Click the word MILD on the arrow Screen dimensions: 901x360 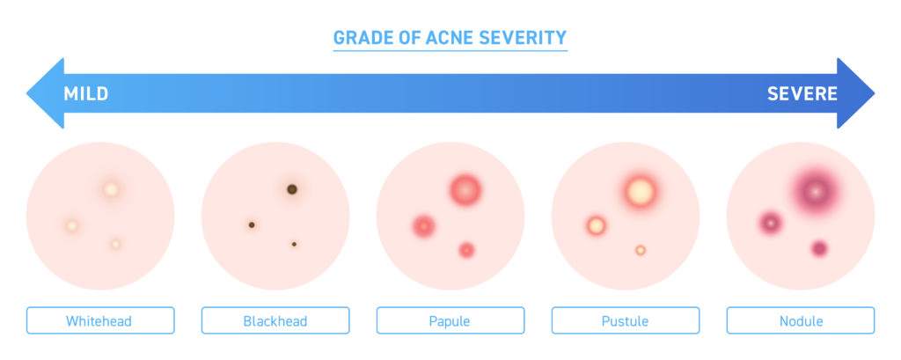click(x=85, y=93)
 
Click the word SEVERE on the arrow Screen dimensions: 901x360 click(x=802, y=93)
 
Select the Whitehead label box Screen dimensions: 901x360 click(x=100, y=320)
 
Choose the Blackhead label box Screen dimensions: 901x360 click(x=275, y=320)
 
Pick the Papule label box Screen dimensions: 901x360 click(x=450, y=320)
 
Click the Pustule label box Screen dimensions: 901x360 click(x=626, y=320)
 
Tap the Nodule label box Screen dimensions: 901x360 click(x=801, y=320)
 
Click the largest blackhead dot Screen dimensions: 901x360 click(x=292, y=189)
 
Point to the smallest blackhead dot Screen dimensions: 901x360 click(x=294, y=245)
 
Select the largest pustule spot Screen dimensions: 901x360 click(x=641, y=192)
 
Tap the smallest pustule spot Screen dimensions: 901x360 click(x=641, y=250)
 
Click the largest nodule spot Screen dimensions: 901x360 click(x=814, y=190)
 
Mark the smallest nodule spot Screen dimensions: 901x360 click(x=819, y=249)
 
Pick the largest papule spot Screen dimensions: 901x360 click(x=465, y=190)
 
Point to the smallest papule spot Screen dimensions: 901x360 click(x=466, y=250)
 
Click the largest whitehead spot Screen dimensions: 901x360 click(x=111, y=189)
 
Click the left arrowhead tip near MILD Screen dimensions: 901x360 click(x=26, y=93)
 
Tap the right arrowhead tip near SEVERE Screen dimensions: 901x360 click(x=875, y=93)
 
